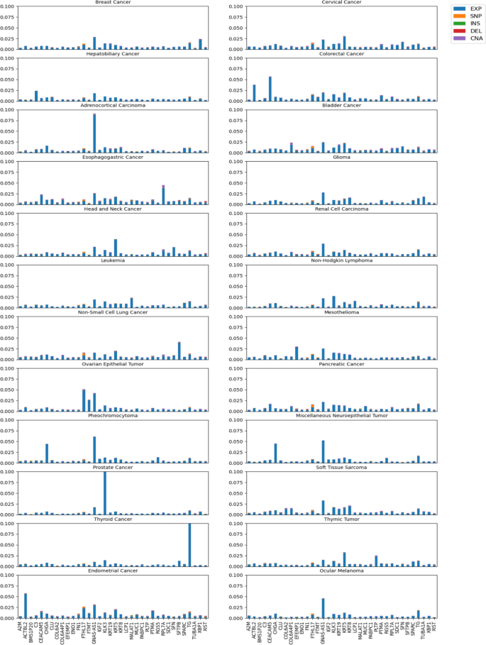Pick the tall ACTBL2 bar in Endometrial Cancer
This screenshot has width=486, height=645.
(x=26, y=596)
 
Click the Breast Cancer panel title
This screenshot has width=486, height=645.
(x=117, y=3)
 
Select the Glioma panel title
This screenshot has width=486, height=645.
(x=343, y=158)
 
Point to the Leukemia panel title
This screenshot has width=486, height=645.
(x=117, y=260)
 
